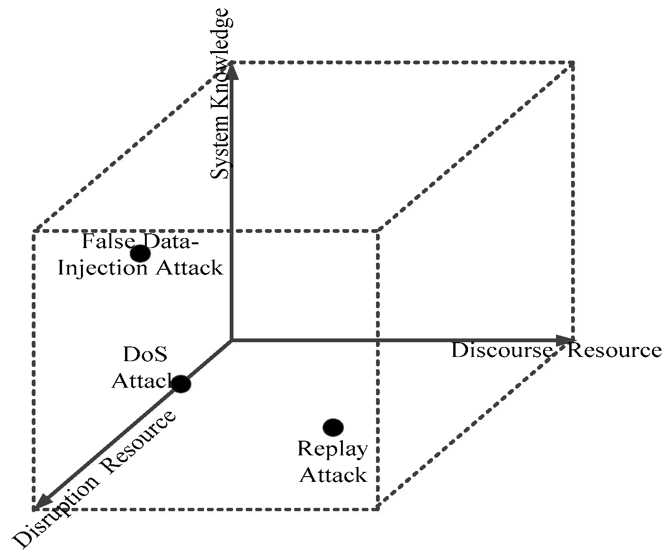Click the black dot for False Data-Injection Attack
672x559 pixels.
[140, 254]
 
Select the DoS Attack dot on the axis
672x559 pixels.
[180, 383]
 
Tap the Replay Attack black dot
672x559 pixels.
[333, 427]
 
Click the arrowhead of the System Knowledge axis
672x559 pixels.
[231, 71]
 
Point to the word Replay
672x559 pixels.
[332, 449]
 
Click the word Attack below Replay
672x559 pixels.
[333, 475]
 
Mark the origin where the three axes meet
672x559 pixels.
[231, 340]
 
